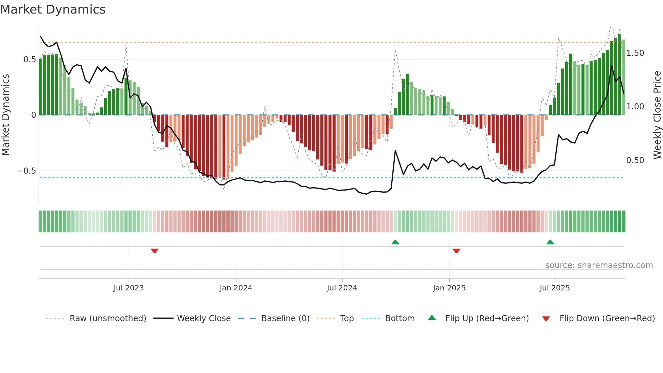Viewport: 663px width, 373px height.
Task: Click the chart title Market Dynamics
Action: pos(53,9)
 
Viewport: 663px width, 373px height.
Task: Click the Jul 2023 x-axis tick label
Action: pos(129,288)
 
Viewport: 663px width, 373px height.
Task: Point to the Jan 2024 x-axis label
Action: pos(236,288)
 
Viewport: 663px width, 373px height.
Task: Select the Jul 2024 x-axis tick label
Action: pos(342,288)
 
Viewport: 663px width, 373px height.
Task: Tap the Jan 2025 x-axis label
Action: pos(449,288)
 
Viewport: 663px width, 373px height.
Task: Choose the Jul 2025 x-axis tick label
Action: pos(554,288)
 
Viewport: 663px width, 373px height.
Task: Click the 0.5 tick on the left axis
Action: pos(30,60)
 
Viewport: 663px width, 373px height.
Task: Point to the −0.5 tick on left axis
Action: pos(27,171)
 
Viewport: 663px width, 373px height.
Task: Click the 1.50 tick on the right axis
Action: pos(635,53)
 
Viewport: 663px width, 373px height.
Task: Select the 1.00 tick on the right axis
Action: pos(635,107)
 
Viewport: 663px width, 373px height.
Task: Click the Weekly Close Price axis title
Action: pos(657,115)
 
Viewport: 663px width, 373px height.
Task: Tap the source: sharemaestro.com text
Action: pos(599,265)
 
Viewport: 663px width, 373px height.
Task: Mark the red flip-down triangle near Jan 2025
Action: pos(456,251)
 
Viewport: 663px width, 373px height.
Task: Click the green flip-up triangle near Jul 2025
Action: pos(550,242)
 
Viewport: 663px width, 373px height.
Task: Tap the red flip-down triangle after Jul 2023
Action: pos(155,251)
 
